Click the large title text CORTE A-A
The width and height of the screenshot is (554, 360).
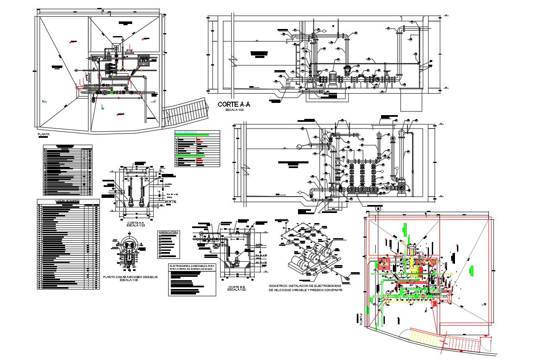234,105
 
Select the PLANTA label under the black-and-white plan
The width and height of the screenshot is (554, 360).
44,135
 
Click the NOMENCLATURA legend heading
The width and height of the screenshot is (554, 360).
169,232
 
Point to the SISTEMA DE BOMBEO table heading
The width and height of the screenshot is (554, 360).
68,201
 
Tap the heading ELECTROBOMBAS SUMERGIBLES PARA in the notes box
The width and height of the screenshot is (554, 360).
192,266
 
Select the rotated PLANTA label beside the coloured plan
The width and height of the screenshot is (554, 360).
360,319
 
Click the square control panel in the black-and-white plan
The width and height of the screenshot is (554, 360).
144,60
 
